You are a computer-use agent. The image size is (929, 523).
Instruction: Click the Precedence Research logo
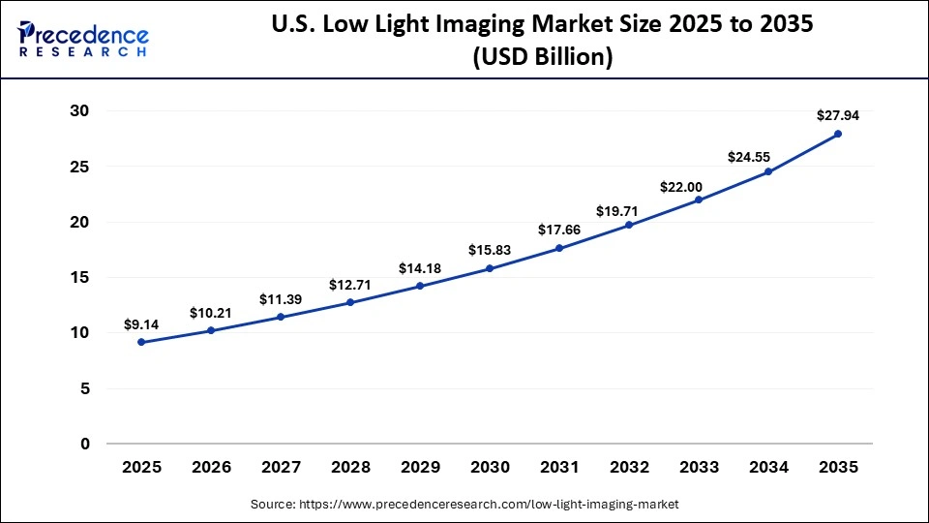point(83,39)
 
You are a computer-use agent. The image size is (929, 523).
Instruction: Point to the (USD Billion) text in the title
point(542,57)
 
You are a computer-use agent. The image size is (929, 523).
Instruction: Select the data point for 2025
point(141,342)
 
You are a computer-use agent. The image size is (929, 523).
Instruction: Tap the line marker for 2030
point(490,268)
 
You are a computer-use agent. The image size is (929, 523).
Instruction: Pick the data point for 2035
point(838,134)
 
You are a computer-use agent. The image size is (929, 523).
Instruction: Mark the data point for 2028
point(350,302)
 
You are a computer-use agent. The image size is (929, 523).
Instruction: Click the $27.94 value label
point(838,115)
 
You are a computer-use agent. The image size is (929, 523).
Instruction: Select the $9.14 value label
point(141,323)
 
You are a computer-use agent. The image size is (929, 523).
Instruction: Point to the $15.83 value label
point(490,250)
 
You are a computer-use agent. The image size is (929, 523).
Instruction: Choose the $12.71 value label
point(350,284)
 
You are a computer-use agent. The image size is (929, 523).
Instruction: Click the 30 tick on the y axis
point(79,111)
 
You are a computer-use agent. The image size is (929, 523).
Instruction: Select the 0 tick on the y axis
point(85,445)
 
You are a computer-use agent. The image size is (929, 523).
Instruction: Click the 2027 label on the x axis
point(281,468)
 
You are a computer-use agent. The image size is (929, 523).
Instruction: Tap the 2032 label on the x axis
point(629,468)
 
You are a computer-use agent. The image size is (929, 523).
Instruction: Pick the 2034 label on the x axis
point(768,468)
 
